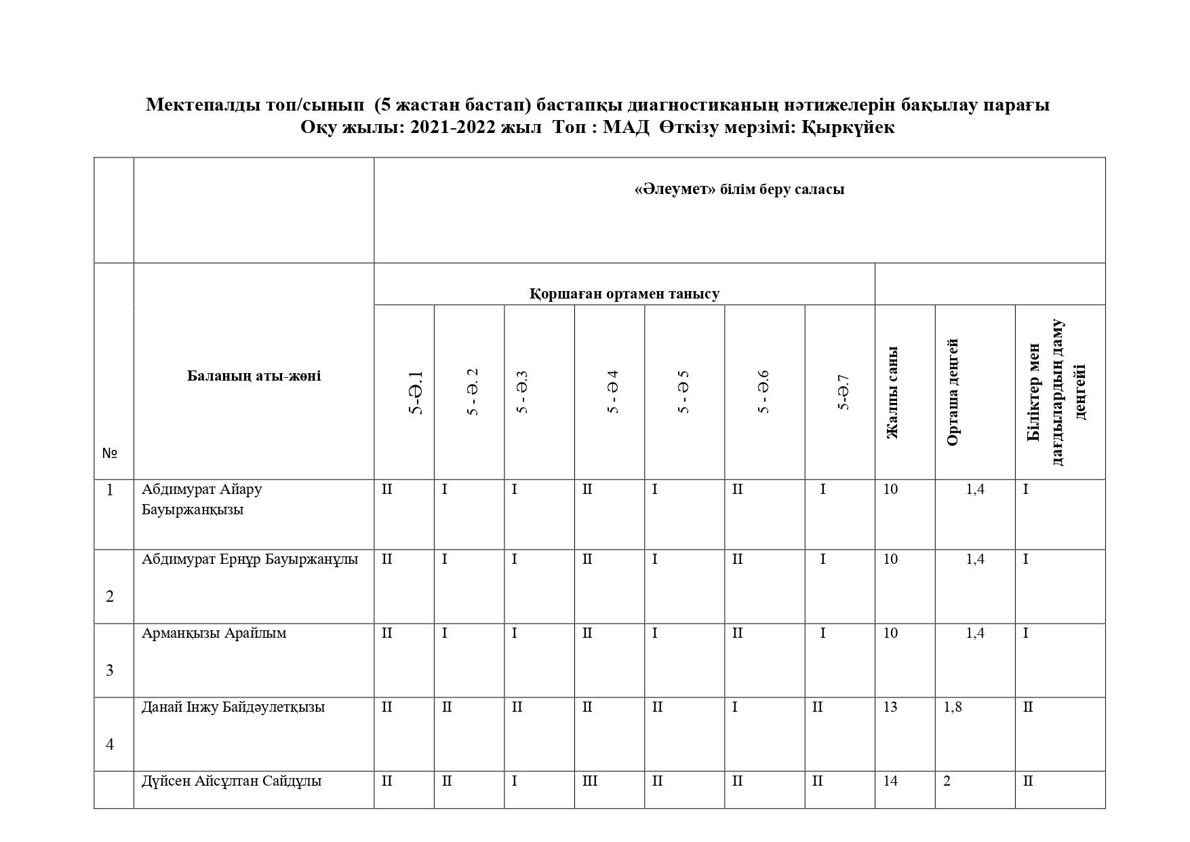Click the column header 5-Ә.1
pyautogui.click(x=416, y=393)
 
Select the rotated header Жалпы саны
pyautogui.click(x=892, y=393)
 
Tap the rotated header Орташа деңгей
pyautogui.click(x=953, y=393)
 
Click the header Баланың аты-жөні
pyautogui.click(x=254, y=376)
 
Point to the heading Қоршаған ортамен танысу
pyautogui.click(x=624, y=294)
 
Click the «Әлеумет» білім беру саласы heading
pyautogui.click(x=739, y=189)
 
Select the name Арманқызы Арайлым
pyautogui.click(x=214, y=633)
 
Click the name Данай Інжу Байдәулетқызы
pyautogui.click(x=233, y=707)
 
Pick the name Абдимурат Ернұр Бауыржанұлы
pyautogui.click(x=250, y=559)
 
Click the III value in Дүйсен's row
pyautogui.click(x=590, y=781)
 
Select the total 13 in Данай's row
pyautogui.click(x=890, y=707)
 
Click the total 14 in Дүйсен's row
pyautogui.click(x=890, y=781)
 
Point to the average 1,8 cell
pyautogui.click(x=953, y=707)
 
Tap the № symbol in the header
pyautogui.click(x=110, y=453)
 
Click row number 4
pyautogui.click(x=110, y=744)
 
